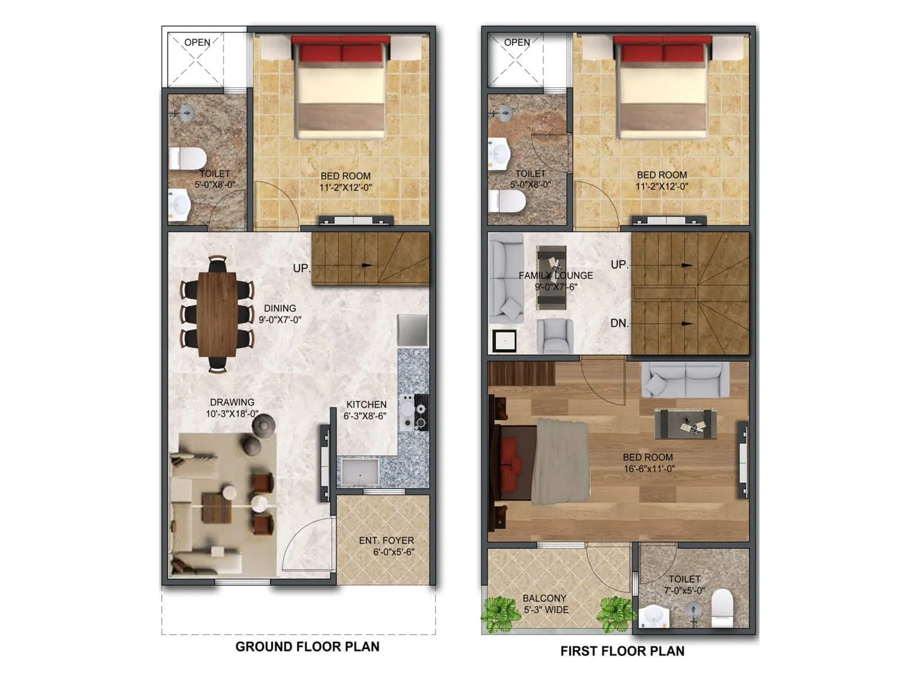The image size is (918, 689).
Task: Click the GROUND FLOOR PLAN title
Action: (308, 647)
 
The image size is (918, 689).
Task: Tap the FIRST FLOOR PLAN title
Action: (622, 651)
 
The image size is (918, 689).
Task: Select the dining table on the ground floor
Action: (217, 313)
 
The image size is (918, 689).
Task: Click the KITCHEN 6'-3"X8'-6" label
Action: (365, 410)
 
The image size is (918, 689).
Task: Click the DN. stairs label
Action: (619, 323)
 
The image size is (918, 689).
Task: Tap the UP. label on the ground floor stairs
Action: (301, 268)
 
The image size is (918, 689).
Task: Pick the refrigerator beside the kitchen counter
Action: (413, 330)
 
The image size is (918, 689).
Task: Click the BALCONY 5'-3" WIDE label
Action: (545, 603)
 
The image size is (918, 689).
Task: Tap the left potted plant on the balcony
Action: (500, 613)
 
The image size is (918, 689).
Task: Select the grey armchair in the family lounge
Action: (555, 335)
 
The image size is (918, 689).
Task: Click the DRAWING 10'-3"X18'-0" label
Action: (232, 408)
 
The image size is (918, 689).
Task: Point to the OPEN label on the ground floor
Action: (197, 42)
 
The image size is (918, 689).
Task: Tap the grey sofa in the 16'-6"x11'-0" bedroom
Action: (685, 380)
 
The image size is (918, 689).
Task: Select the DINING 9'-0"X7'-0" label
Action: (279, 313)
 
